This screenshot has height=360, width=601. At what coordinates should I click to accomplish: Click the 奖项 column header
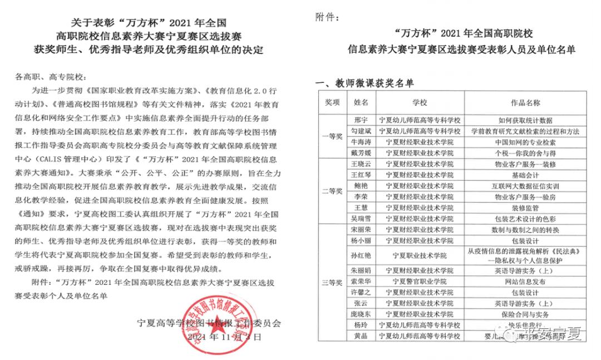[332, 103]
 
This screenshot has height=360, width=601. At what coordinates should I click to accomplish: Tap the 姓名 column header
[361, 103]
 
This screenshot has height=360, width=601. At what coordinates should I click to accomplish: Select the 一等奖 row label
[332, 136]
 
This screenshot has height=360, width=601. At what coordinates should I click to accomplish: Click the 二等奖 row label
[332, 191]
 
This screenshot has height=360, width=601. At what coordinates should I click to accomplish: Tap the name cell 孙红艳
[361, 255]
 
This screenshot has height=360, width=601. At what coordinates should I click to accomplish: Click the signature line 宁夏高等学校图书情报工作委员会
[209, 323]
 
